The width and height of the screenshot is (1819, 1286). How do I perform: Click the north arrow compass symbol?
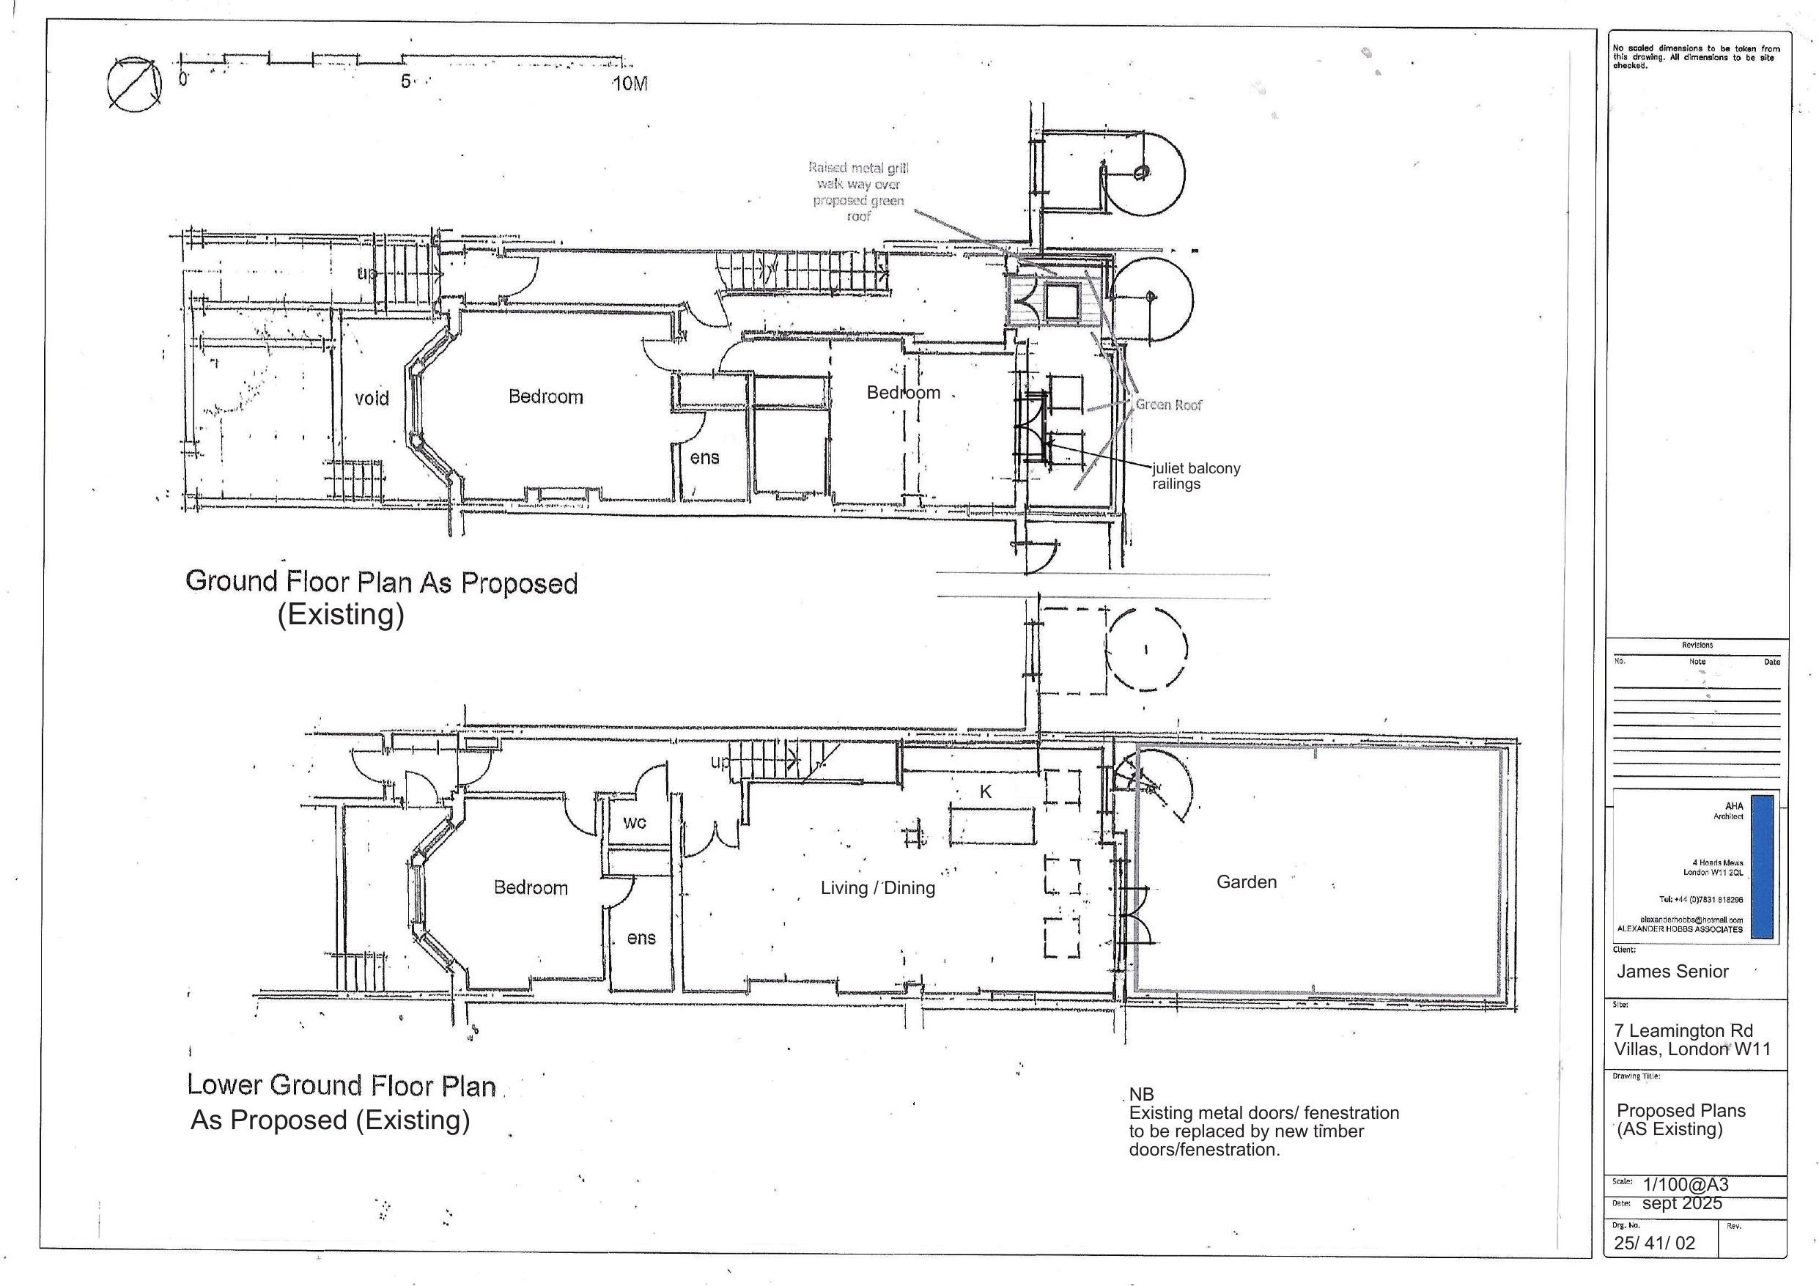[x=134, y=84]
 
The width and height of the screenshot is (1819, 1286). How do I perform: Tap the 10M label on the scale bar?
[x=630, y=84]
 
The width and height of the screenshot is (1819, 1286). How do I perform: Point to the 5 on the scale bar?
[x=405, y=81]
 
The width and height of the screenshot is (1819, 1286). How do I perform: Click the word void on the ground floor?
[x=372, y=398]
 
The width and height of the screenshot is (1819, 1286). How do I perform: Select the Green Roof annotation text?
[x=1168, y=405]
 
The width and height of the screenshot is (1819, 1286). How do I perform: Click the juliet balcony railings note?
[x=1195, y=476]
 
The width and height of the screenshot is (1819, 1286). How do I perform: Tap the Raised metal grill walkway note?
[x=858, y=192]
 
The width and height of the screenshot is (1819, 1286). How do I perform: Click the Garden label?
[x=1246, y=882]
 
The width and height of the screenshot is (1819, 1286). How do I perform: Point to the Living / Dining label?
[x=878, y=888]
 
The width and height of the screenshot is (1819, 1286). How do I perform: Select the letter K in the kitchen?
[x=986, y=791]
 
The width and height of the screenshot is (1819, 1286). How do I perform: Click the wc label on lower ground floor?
[x=635, y=822]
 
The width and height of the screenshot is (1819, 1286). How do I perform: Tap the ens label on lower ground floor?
[x=641, y=938]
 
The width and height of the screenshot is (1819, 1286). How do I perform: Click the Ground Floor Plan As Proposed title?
[x=381, y=583]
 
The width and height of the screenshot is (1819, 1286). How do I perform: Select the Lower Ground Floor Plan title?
[x=342, y=1085]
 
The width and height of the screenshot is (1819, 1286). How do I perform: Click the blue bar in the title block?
[x=1762, y=867]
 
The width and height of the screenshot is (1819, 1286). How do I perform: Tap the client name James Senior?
[x=1672, y=972]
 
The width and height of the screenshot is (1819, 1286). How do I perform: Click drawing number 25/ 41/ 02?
[x=1654, y=1243]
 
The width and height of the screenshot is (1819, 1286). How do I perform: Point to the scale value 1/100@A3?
[x=1686, y=1185]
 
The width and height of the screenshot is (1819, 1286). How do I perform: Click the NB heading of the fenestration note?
[x=1141, y=1095]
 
